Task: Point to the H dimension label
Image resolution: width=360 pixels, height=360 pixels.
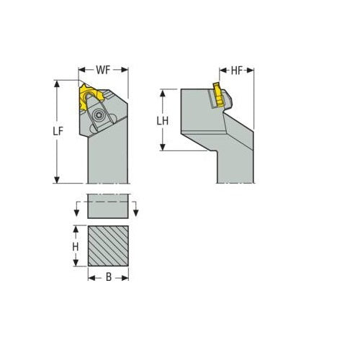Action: tap(74, 246)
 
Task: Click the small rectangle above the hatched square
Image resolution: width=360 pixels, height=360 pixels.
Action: tap(108, 205)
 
